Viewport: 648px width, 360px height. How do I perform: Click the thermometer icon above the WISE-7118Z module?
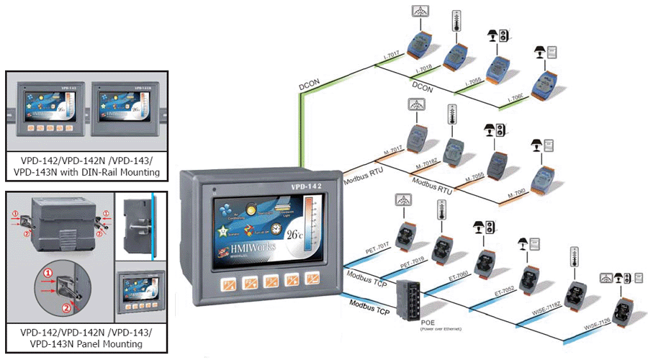click(x=575, y=256)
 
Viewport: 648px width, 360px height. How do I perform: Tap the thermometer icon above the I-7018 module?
click(x=455, y=20)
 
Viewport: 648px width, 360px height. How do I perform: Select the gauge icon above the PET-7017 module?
click(x=402, y=199)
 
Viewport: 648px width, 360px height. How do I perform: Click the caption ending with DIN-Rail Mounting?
click(x=86, y=168)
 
